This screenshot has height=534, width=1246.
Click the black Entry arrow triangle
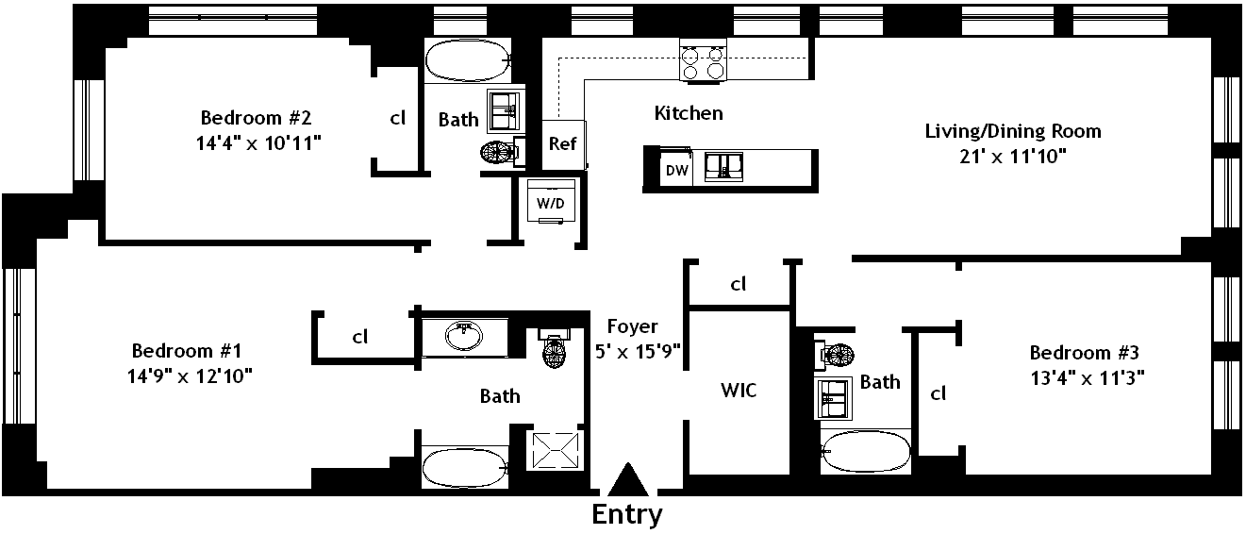tap(628, 481)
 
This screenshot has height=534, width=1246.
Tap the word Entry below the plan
tap(627, 515)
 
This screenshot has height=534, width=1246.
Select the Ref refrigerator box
tap(562, 144)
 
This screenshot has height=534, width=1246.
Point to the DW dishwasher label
tap(676, 171)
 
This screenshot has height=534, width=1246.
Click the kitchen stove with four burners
tap(704, 60)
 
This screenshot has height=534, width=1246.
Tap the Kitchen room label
tap(689, 113)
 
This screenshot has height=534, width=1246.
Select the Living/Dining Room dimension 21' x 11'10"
tap(1012, 157)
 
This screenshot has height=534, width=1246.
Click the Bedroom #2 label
tap(256, 118)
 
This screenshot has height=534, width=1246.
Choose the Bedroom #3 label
tap(1085, 353)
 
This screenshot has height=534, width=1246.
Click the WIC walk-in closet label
tap(738, 390)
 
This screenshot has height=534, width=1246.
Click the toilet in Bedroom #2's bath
tap(501, 153)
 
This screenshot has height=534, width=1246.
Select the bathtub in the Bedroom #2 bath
tap(467, 61)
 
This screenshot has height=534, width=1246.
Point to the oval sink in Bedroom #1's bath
tap(464, 335)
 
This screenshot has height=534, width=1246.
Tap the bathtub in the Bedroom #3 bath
tap(866, 452)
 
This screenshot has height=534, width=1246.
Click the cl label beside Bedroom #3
tap(939, 393)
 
